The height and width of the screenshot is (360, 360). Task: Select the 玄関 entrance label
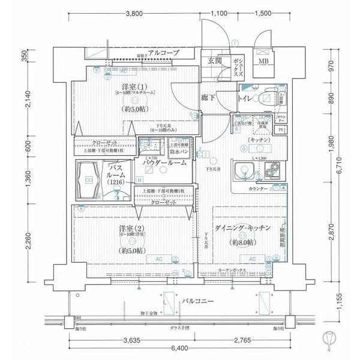(215, 61)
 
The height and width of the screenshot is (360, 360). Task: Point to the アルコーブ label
(164, 53)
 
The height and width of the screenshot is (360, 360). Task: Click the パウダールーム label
(165, 163)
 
